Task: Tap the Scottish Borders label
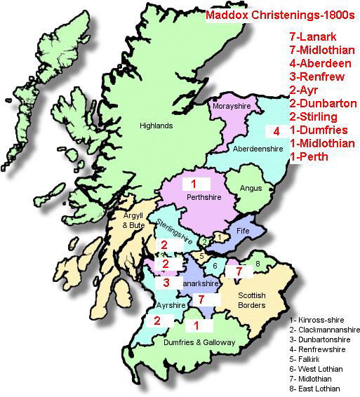coord(251,300)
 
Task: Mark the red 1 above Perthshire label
coord(194,184)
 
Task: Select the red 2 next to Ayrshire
coord(157,321)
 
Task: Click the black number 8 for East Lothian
coord(258,263)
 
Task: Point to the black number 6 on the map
coord(215,265)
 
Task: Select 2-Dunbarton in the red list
coord(323,103)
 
